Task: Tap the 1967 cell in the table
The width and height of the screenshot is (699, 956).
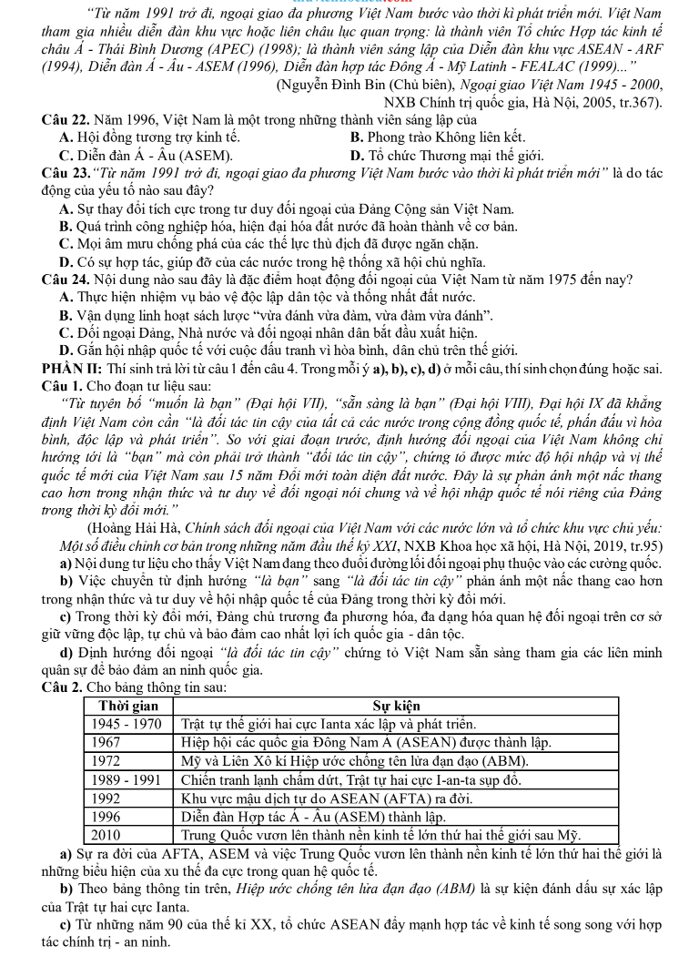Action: click(x=108, y=742)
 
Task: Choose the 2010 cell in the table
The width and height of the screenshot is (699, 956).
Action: click(x=108, y=833)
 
